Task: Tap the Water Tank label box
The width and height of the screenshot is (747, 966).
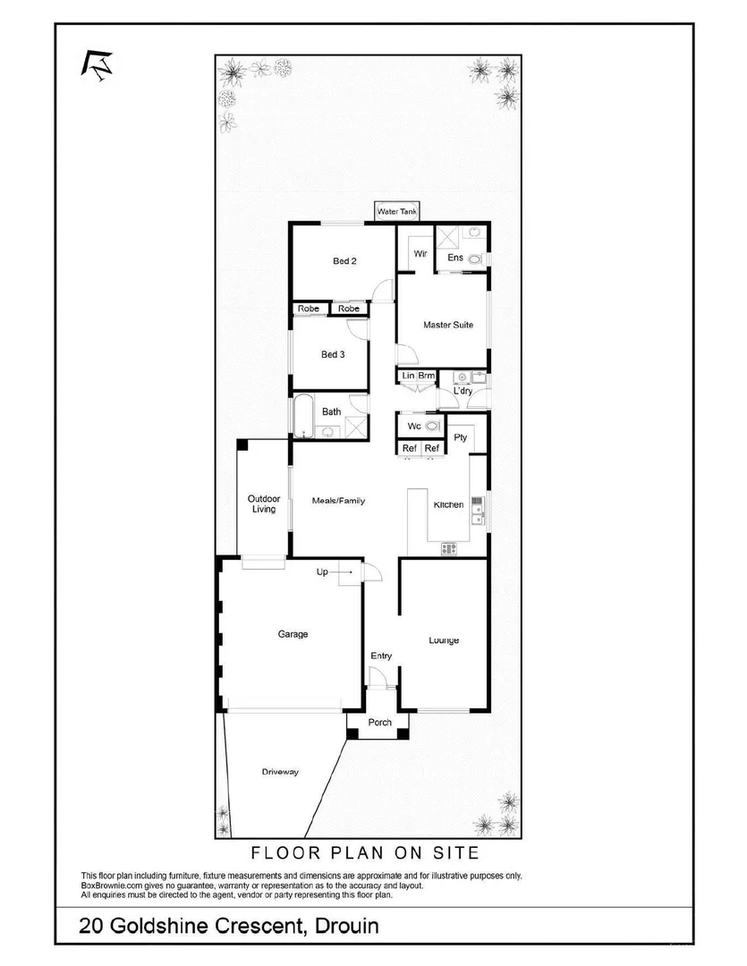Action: click(x=396, y=212)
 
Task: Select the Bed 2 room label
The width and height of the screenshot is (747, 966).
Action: click(x=344, y=261)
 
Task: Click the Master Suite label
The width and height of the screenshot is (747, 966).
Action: click(x=448, y=325)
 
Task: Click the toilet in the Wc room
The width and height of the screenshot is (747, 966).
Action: click(x=433, y=426)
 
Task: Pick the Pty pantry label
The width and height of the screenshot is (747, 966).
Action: click(x=461, y=437)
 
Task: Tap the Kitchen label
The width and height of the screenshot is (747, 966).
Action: click(x=448, y=504)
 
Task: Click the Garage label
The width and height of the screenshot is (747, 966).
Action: click(x=293, y=634)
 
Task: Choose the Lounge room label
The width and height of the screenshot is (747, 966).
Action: click(x=444, y=640)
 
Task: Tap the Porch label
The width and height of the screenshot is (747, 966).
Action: click(x=380, y=722)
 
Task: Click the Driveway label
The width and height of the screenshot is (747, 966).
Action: click(x=280, y=772)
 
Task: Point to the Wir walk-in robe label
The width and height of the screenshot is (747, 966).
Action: click(x=420, y=254)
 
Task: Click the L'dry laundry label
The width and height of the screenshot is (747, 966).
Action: click(x=463, y=391)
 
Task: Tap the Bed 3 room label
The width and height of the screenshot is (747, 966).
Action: click(x=333, y=354)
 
